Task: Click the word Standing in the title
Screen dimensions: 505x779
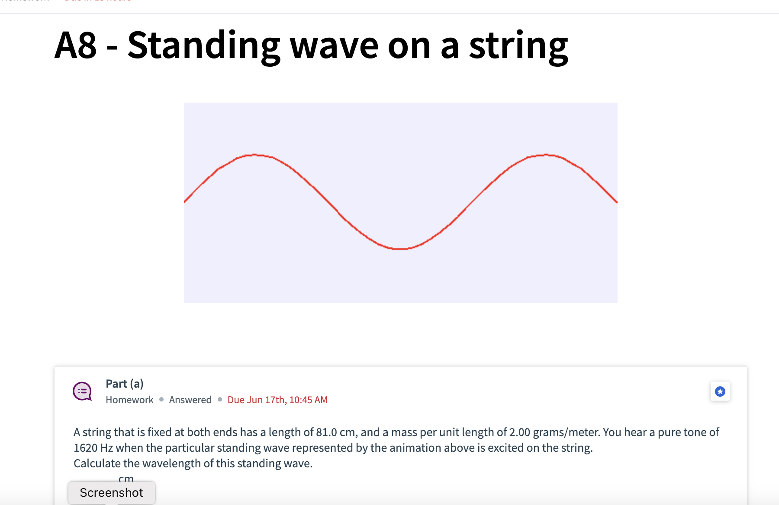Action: [204, 46]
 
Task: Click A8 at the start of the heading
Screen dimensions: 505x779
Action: [76, 46]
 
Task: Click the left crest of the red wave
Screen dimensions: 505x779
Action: [254, 155]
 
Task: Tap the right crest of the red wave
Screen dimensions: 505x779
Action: [546, 155]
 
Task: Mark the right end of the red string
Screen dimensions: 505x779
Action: [616, 201]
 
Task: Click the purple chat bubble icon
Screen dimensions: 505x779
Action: [82, 391]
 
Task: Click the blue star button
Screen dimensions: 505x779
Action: [720, 392]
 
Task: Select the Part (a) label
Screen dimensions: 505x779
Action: [125, 384]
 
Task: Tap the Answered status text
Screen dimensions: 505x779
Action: [190, 400]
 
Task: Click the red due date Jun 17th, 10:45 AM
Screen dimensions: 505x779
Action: [277, 400]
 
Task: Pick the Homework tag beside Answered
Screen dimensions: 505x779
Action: [129, 400]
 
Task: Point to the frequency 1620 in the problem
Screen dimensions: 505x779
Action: [85, 448]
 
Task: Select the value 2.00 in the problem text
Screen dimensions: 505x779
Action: [519, 432]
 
